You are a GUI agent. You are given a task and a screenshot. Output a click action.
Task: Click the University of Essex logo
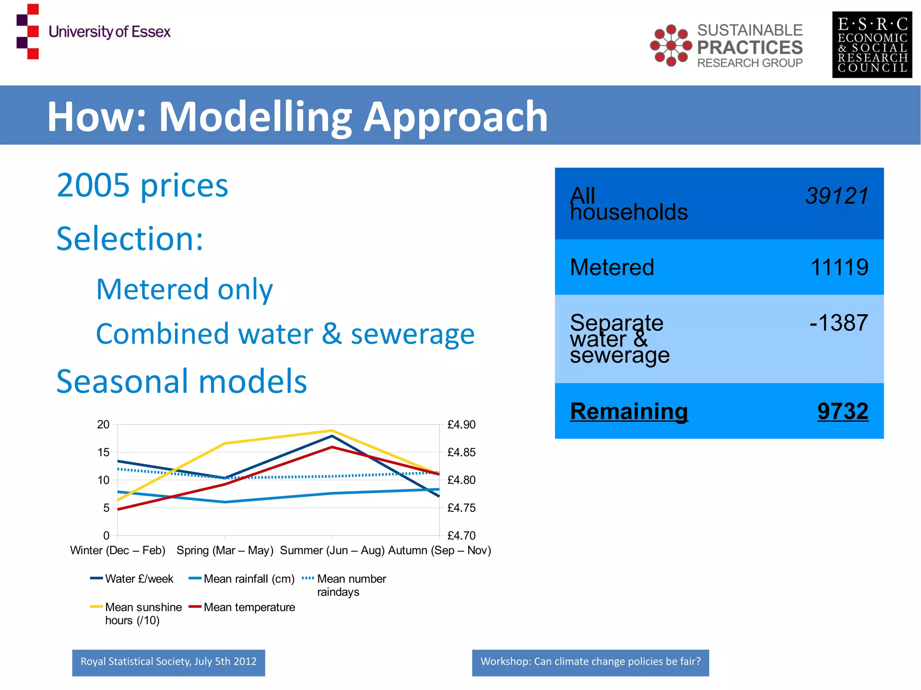(x=93, y=31)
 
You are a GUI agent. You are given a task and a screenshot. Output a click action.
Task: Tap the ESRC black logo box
(x=872, y=45)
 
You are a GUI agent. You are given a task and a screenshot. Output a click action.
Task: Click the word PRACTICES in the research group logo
(x=750, y=47)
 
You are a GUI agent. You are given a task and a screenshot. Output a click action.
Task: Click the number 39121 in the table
(x=836, y=196)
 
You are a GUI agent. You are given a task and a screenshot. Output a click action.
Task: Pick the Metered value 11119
(x=839, y=267)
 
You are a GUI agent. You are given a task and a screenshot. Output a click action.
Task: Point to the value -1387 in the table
(x=838, y=323)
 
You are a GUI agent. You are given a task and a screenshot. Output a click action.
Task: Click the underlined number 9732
(x=842, y=411)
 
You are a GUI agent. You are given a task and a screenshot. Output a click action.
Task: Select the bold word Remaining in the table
(x=629, y=411)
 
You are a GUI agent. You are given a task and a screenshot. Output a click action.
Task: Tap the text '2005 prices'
(x=142, y=185)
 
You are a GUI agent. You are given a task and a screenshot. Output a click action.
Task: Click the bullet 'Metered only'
(x=184, y=289)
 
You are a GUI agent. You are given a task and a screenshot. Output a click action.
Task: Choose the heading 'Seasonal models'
(x=181, y=381)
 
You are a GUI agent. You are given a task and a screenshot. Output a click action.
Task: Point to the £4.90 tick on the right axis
(x=461, y=424)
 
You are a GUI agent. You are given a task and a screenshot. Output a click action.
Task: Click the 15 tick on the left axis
(x=103, y=452)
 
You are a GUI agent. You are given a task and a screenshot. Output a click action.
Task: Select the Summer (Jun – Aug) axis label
(x=332, y=550)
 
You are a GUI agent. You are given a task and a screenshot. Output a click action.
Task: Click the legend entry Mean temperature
(x=249, y=607)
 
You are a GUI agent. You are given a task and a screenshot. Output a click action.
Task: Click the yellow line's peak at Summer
(x=332, y=431)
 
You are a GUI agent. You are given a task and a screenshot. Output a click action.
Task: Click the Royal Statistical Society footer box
(x=168, y=662)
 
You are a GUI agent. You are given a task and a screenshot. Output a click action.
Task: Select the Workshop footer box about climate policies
(x=590, y=662)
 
